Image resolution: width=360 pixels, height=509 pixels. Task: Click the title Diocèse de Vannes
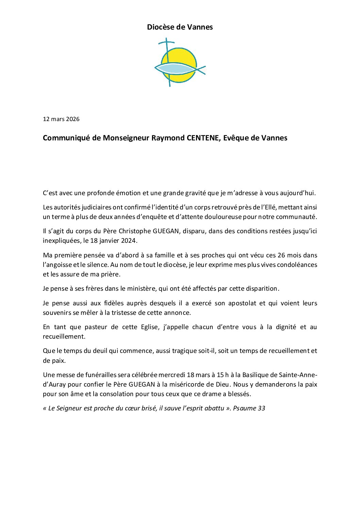click(180, 27)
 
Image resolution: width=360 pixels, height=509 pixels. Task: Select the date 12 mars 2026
click(61, 119)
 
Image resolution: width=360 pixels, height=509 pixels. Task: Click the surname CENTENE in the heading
click(203, 138)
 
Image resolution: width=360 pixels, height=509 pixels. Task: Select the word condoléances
click(297, 265)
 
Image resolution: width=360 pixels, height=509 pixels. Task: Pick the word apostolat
click(242, 303)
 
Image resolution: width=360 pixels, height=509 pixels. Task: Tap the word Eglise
click(150, 327)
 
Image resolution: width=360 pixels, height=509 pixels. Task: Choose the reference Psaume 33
click(249, 408)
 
